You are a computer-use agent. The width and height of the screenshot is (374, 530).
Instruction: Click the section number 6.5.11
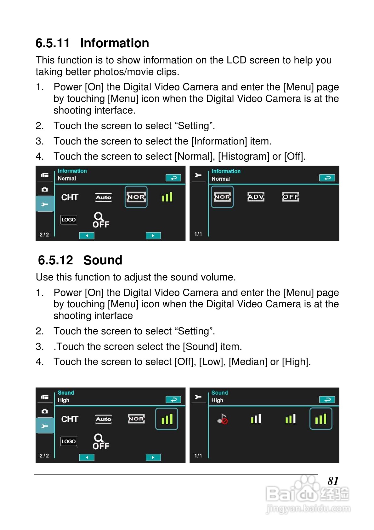click(x=52, y=43)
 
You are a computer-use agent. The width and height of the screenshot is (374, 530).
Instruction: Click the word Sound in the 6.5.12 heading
click(x=103, y=260)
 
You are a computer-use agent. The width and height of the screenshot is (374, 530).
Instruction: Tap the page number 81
click(x=333, y=481)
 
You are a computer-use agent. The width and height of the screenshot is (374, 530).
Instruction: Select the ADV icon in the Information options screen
click(x=256, y=197)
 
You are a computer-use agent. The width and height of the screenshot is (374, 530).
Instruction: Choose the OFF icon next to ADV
click(x=290, y=197)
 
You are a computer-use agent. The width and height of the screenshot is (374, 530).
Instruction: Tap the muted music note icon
click(x=222, y=419)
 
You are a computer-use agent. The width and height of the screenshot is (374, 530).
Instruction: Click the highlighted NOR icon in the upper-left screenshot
click(x=136, y=197)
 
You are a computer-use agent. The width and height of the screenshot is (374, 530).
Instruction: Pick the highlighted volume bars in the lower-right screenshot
click(x=320, y=419)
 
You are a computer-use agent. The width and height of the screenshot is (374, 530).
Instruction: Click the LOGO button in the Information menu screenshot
click(x=69, y=220)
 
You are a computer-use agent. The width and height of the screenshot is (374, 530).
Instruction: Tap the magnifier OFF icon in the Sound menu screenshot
click(x=101, y=442)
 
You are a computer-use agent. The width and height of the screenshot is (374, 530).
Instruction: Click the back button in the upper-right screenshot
click(x=327, y=178)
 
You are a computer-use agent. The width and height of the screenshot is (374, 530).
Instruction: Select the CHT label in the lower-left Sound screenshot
click(x=70, y=419)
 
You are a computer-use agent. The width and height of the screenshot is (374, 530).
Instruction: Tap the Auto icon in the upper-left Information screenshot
click(x=103, y=197)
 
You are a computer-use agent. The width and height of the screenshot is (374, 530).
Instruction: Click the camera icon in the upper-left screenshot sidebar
click(x=45, y=190)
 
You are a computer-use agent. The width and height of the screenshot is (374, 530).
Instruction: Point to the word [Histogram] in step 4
click(x=244, y=156)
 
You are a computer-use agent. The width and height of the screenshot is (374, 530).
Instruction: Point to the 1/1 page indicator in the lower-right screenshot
click(x=198, y=456)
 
